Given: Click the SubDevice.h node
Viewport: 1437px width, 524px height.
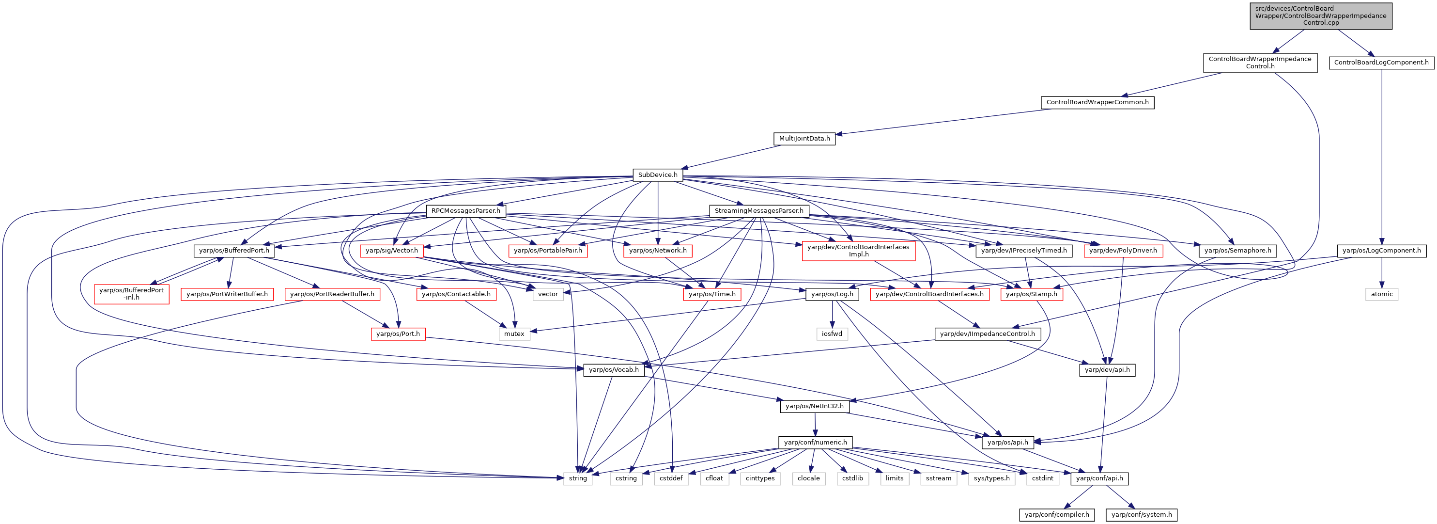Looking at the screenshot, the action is (x=658, y=175).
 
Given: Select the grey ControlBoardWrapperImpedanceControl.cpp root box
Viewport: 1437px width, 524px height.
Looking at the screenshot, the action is (x=1320, y=16).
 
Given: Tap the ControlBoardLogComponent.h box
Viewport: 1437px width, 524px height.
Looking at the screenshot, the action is (x=1381, y=63).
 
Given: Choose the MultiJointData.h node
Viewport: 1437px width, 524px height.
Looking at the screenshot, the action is (x=804, y=139).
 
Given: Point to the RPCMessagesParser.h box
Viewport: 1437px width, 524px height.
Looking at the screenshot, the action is (x=466, y=211).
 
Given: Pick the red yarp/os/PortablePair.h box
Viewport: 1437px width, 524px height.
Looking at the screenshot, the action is (x=548, y=251).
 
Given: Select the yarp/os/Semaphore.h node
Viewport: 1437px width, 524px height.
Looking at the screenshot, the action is (x=1238, y=251).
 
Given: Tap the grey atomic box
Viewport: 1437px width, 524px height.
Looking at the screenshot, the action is (x=1382, y=294).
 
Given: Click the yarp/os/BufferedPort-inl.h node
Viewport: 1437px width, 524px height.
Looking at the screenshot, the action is (x=132, y=294).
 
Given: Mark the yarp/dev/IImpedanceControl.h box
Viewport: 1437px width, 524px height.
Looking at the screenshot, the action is (x=988, y=333).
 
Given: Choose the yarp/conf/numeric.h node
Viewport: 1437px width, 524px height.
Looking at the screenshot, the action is (x=816, y=443).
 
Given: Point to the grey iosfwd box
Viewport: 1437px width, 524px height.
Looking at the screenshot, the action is (x=832, y=333).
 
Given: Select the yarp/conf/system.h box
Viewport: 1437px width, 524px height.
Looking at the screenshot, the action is (x=1142, y=514).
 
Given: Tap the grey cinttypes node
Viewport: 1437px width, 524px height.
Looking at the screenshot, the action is (x=760, y=478).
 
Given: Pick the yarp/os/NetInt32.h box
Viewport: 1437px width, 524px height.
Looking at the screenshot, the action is (x=815, y=406).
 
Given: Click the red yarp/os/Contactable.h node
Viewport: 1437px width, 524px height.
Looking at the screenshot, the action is (x=456, y=294).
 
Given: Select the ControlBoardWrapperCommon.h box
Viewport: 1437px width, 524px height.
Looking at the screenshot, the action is (x=1097, y=103).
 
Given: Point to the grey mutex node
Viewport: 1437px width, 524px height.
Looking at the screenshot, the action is (x=514, y=333).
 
